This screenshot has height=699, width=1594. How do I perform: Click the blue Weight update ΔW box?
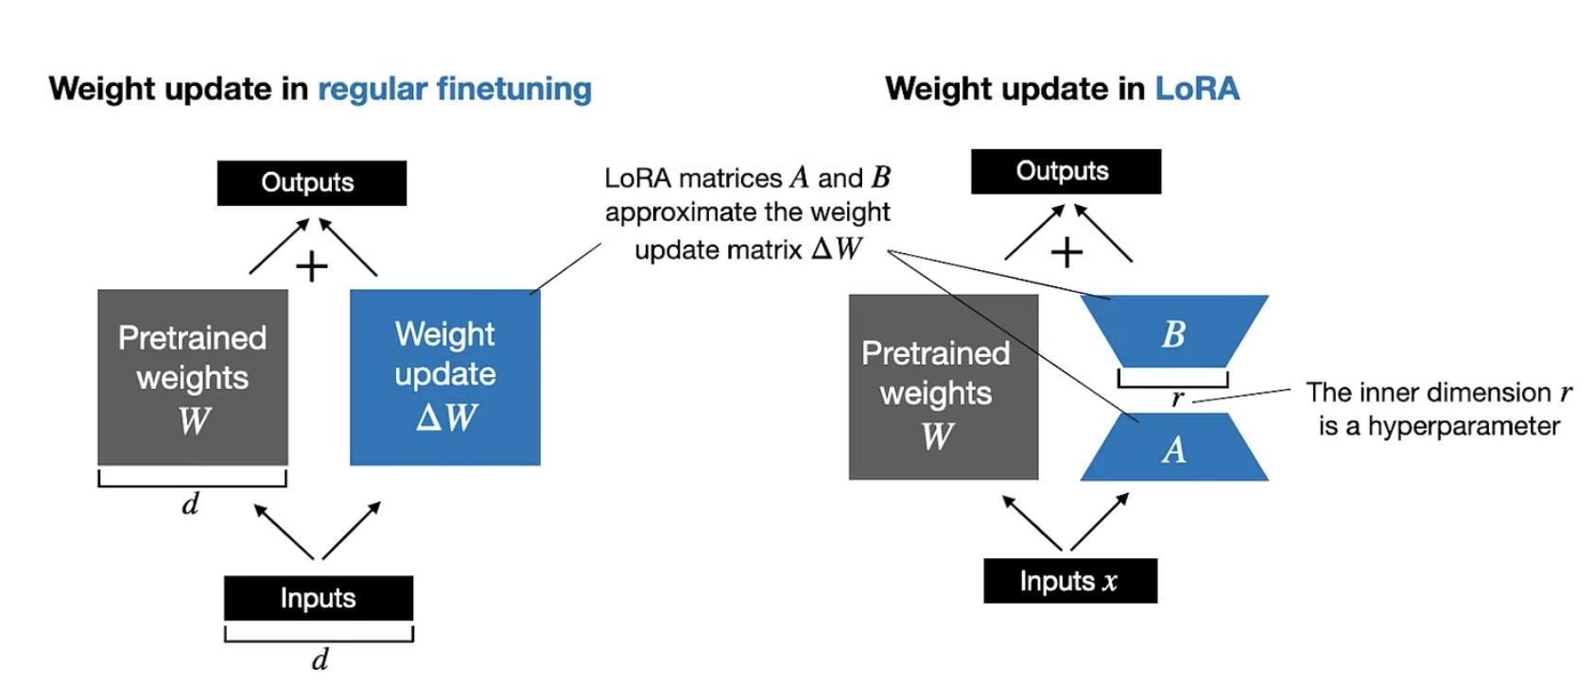(444, 377)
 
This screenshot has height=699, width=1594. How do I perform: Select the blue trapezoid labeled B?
(1173, 332)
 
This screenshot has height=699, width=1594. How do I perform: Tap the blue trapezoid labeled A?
(1173, 450)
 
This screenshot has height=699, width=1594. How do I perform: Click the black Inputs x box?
(1069, 581)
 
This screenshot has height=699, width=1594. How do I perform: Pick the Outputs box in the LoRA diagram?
(1066, 171)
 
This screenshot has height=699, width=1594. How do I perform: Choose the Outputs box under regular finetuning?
(311, 182)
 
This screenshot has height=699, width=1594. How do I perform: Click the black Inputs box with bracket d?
(318, 598)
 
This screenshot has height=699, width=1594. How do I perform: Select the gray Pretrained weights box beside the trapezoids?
(943, 387)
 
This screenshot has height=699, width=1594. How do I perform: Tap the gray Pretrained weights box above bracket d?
(192, 377)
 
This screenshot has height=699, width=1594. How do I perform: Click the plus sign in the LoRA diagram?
(1066, 252)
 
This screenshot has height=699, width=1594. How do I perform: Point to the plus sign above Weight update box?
(311, 266)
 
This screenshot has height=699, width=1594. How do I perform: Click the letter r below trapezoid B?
(1177, 398)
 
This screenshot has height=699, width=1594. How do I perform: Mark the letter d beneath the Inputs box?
(321, 658)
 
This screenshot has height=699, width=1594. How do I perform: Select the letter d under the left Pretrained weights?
(190, 503)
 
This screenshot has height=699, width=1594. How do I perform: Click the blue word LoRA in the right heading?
(1196, 89)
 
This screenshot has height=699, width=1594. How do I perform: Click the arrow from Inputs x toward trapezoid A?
(1099, 521)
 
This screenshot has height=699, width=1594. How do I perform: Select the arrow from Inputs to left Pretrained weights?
(284, 532)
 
